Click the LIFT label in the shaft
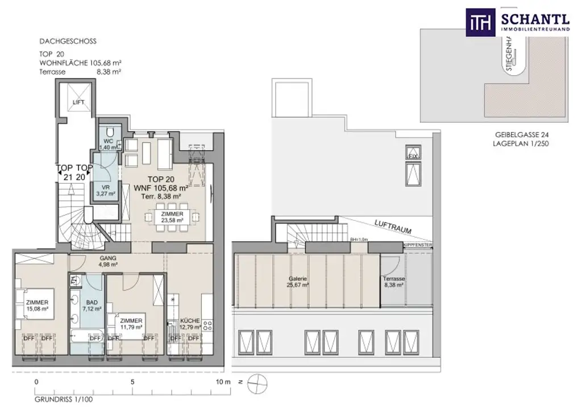tap(78, 102)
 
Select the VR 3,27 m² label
tap(106, 190)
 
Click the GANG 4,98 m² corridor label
tap(107, 261)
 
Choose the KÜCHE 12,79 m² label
tap(190, 324)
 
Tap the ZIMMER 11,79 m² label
tap(131, 324)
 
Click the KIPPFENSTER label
tap(417, 245)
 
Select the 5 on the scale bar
tap(132, 382)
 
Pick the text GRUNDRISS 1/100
tap(63, 399)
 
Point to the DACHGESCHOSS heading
tap(68, 42)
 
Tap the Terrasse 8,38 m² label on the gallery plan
tap(393, 282)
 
